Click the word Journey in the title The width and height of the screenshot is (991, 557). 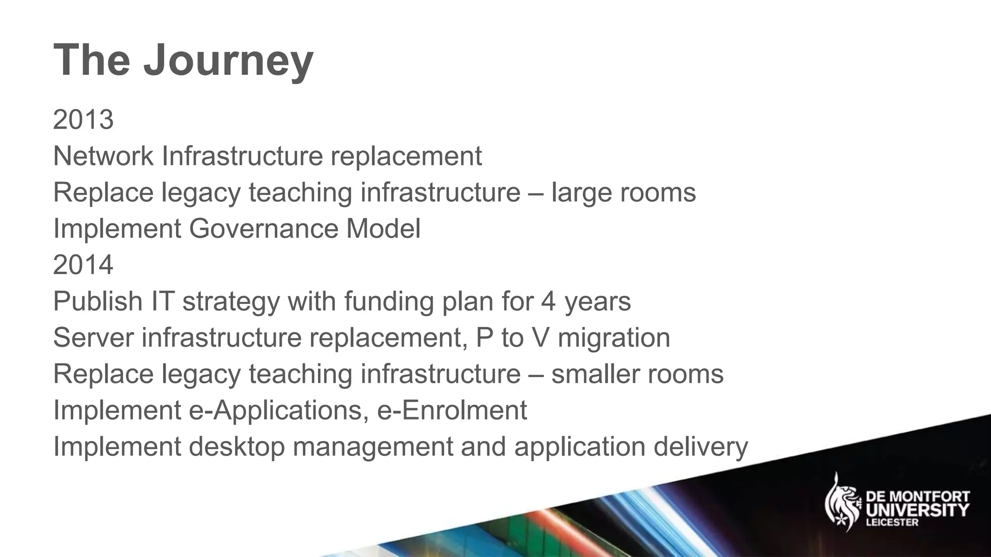point(228,61)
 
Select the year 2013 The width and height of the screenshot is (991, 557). point(83,119)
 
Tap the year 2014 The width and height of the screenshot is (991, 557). point(83,265)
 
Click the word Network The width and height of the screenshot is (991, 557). point(103,156)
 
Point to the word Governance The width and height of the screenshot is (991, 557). point(263,229)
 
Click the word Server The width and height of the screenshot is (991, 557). point(93,337)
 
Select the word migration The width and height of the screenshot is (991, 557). point(614,337)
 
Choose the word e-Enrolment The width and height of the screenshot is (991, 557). point(452,410)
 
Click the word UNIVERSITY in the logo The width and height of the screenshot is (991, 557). point(916,510)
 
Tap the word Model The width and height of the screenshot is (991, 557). point(383,229)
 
